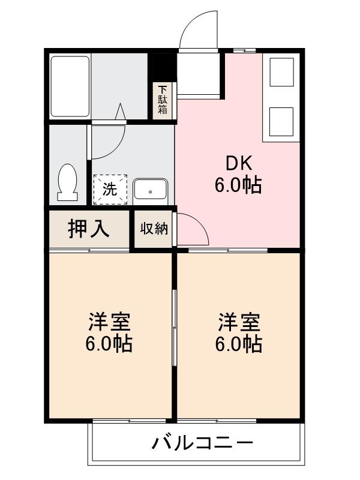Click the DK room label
[239, 163]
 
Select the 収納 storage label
[154, 229]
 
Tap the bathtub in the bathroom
[70, 86]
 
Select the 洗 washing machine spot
[110, 190]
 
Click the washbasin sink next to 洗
[150, 190]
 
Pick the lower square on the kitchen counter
[281, 121]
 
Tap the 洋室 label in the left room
[109, 322]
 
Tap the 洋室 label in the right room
[239, 322]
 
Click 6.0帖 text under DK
[239, 185]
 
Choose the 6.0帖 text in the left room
[109, 344]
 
